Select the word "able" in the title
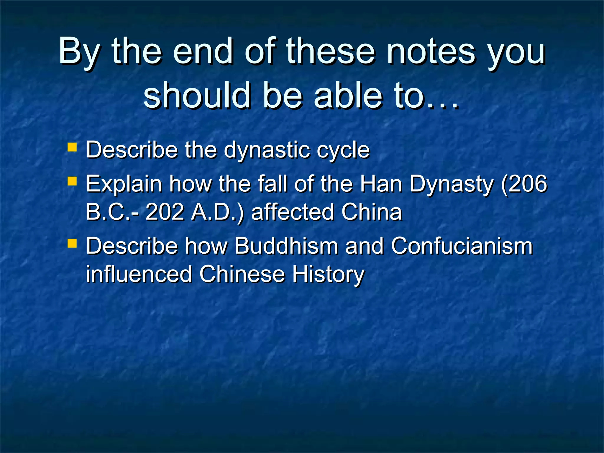pyautogui.click(x=348, y=95)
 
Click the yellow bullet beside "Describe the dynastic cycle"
pyautogui.click(x=72, y=147)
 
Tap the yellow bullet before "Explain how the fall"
pyautogui.click(x=72, y=181)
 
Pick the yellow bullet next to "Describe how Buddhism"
pyautogui.click(x=72, y=243)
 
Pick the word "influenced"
pyautogui.click(x=139, y=274)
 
